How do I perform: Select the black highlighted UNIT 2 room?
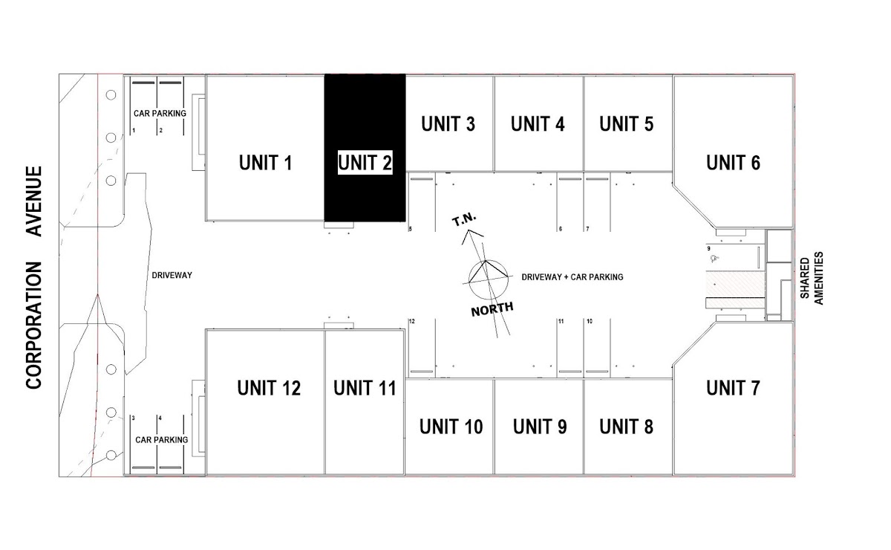click(x=365, y=149)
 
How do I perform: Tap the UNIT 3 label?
click(x=448, y=124)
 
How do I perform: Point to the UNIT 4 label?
click(x=538, y=124)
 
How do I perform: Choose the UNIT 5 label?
click(x=627, y=124)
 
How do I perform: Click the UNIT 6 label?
click(x=733, y=162)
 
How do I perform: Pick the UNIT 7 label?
click(x=733, y=388)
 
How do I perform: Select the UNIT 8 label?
click(x=627, y=427)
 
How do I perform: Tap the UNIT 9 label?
click(x=540, y=427)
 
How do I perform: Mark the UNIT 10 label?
click(x=451, y=427)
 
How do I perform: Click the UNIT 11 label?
click(x=365, y=388)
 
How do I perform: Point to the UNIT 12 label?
click(x=269, y=388)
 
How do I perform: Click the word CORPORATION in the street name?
click(x=34, y=325)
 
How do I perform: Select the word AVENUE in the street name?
click(x=34, y=201)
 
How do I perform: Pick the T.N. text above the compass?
click(x=466, y=221)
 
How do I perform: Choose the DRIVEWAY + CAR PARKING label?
click(x=572, y=276)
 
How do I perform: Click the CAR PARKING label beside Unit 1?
click(x=159, y=114)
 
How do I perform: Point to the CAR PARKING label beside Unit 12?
click(x=161, y=439)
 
